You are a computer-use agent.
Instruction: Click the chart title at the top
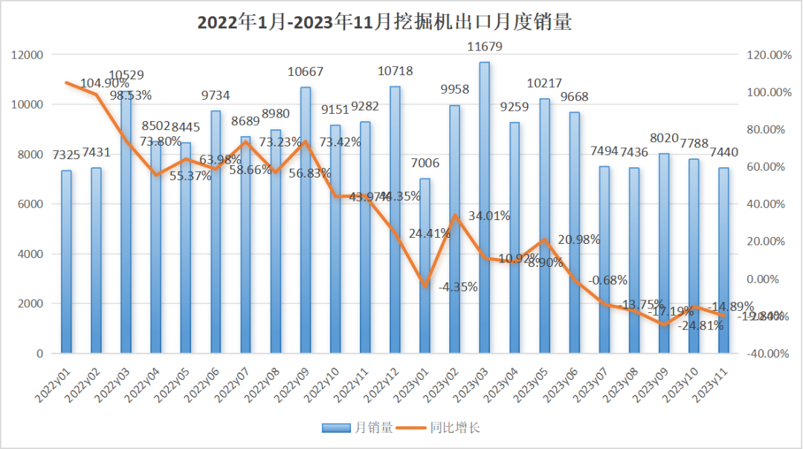coord(384,23)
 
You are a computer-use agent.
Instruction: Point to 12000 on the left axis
coord(28,55)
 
